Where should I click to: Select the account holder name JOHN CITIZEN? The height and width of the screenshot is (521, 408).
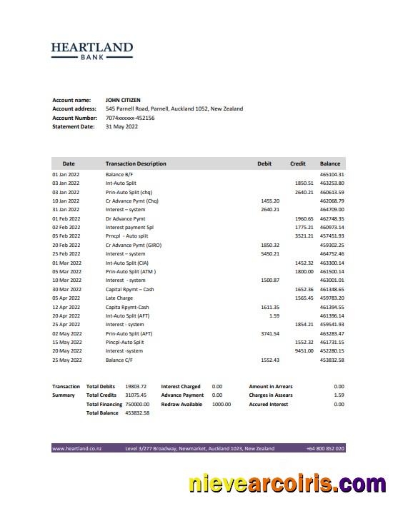(122, 100)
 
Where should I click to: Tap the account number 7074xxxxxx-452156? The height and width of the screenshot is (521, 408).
(130, 118)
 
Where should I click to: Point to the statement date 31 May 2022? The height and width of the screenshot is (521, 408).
(121, 126)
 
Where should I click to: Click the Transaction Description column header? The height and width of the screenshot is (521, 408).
(136, 163)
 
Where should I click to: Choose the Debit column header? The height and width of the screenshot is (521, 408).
(264, 163)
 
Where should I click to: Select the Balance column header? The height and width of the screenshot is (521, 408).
(330, 163)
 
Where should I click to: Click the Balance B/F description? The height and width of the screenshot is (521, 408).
(119, 174)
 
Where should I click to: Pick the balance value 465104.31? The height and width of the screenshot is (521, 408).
(332, 174)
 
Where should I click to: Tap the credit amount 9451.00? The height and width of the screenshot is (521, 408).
(304, 351)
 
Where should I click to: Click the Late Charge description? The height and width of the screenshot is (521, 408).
(119, 298)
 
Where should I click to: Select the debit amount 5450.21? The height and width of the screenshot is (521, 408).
(270, 254)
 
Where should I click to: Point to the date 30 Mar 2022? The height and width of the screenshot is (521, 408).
(66, 289)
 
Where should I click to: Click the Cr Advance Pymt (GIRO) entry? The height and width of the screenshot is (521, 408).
(134, 245)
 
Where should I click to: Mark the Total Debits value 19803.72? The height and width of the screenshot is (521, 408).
(136, 386)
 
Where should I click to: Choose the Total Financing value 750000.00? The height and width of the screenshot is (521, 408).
(137, 404)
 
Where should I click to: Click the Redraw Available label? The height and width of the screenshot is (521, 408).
(181, 404)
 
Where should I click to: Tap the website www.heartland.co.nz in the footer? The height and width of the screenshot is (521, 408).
(77, 448)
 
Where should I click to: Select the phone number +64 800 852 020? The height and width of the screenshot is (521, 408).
(325, 448)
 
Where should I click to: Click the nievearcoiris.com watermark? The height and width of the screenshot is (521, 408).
(287, 485)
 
